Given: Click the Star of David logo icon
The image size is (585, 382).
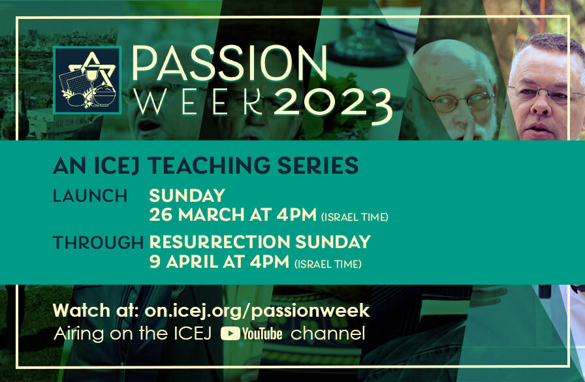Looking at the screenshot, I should pos(87,80).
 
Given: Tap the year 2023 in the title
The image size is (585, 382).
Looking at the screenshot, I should pos(333,103).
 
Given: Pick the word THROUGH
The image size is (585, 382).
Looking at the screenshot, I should pos(98,243).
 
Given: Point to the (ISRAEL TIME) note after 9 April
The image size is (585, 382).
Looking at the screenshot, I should pos(328,264).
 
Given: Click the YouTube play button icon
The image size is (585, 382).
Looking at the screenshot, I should pos(230,334).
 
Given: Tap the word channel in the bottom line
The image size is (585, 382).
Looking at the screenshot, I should pos(328,334).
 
